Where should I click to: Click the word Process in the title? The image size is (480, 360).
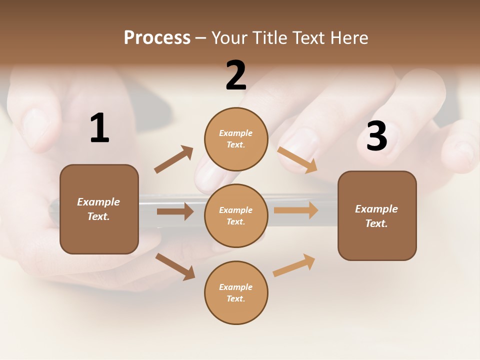(157, 38)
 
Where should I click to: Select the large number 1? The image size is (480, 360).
(99, 128)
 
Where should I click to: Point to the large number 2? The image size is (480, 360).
(236, 76)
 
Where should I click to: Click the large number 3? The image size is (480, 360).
(376, 136)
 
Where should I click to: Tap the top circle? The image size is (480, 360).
(236, 139)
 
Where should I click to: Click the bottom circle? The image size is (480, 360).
(236, 293)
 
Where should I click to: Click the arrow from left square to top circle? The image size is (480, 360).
(174, 159)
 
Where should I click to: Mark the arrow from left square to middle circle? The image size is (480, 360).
(175, 211)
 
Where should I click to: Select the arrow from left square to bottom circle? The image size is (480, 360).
(175, 266)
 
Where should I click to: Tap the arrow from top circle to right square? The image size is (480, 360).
(297, 159)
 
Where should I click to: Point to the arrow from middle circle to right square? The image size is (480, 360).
(296, 210)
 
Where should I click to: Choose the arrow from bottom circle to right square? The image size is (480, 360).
(294, 265)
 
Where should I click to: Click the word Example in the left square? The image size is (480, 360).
(98, 202)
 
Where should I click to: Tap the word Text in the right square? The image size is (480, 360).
(376, 223)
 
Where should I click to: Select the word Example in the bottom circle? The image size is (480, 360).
(235, 287)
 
